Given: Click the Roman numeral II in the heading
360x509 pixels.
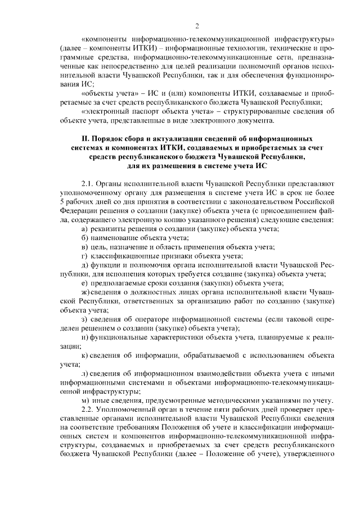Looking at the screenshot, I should pyautogui.click(x=79, y=138).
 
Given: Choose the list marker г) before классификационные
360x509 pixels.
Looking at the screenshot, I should pyautogui.click(x=84, y=256).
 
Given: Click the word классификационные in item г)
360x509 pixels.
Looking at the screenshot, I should pyautogui.click(x=125, y=256).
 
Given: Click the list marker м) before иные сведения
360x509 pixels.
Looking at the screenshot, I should pyautogui.click(x=85, y=400).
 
